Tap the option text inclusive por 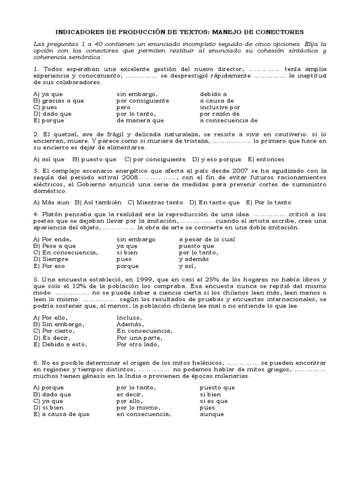219,107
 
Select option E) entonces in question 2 266,159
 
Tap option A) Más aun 51,202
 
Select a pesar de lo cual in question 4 207,239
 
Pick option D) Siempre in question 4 48,259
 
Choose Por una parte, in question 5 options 139,337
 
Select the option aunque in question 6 211,414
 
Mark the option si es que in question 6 214,401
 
